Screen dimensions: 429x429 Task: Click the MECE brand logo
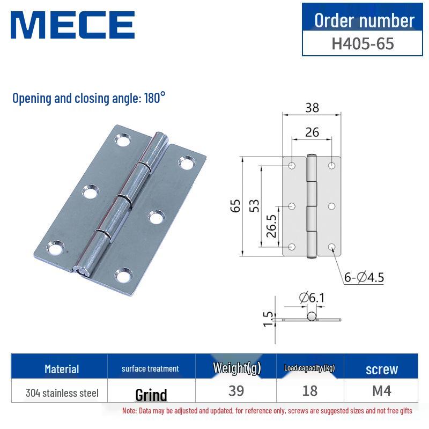click(72, 25)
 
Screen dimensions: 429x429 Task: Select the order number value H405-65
click(363, 43)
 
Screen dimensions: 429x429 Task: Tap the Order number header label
click(364, 20)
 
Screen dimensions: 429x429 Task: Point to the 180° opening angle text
click(154, 98)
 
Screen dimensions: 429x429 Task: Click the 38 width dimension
click(312, 107)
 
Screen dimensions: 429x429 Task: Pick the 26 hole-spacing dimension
click(312, 131)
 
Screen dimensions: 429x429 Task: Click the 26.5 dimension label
click(271, 226)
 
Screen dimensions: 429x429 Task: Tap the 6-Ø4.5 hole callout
click(364, 277)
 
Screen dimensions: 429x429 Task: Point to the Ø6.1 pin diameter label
click(312, 297)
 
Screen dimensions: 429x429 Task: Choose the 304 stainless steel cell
click(62, 393)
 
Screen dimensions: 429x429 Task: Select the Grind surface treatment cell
click(151, 395)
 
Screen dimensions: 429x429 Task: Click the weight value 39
click(236, 391)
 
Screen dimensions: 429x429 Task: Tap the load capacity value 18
click(310, 391)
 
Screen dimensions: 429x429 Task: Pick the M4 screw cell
click(382, 391)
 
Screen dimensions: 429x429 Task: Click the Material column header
click(62, 369)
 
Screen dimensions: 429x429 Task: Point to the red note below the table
click(267, 411)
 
